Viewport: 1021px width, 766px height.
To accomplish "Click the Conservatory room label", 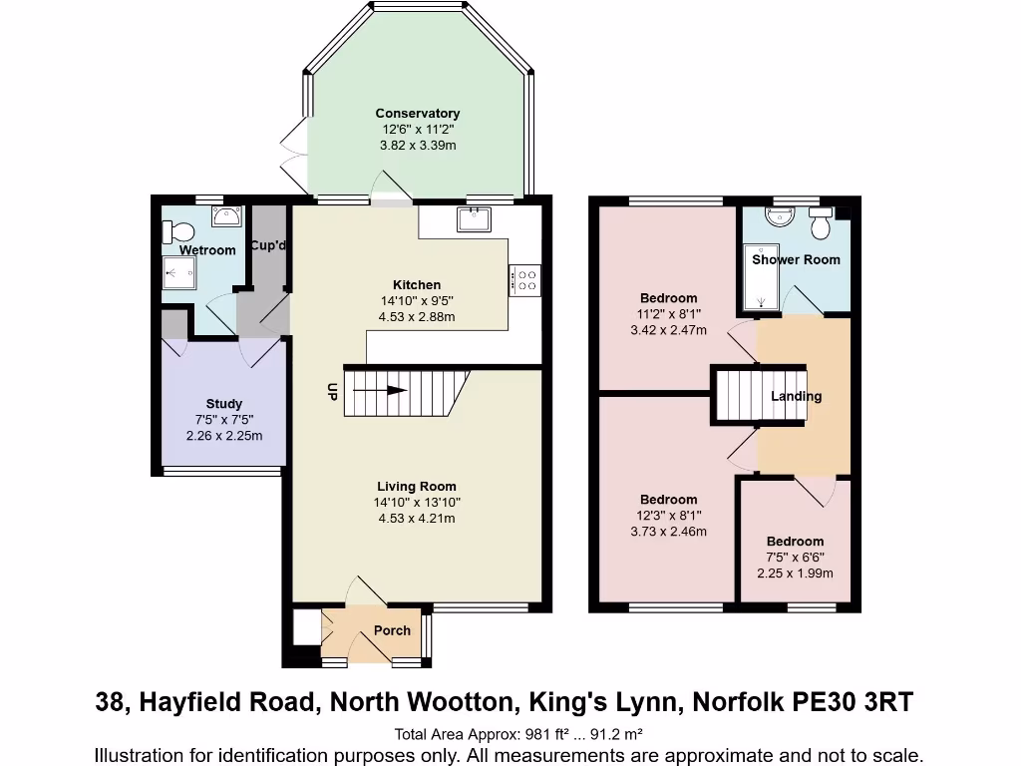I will tap(417, 114).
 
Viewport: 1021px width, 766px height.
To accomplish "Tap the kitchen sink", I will tap(473, 218).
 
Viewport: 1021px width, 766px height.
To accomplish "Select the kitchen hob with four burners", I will tap(524, 280).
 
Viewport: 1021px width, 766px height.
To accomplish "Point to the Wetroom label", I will tap(207, 250).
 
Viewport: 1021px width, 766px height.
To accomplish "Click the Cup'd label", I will tap(268, 246).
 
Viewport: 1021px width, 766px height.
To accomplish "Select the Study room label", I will tap(224, 405).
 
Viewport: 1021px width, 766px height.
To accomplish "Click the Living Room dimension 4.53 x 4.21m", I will tap(417, 519).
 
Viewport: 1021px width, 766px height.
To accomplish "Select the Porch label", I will tap(392, 630).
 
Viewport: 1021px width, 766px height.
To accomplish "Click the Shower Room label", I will tap(796, 259).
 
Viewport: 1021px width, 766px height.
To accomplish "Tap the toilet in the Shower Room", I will tap(822, 225).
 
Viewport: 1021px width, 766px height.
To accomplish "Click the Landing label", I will tap(796, 396).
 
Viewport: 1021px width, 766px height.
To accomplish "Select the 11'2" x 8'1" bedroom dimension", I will tap(668, 314).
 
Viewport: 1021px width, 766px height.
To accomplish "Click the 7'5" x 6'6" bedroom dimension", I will tap(795, 558).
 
